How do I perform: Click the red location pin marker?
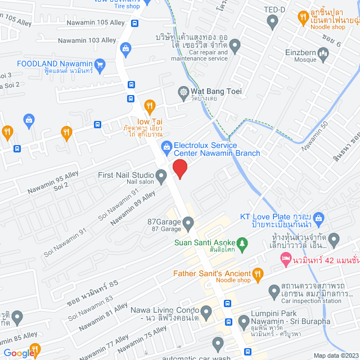179,168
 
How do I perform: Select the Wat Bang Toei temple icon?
183,91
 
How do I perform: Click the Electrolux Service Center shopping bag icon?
166,148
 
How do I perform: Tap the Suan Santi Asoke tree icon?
242,244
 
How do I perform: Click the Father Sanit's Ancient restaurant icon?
258,274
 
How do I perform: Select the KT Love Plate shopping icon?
318,217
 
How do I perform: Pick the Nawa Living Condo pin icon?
206,311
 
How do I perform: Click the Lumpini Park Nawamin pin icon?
244,322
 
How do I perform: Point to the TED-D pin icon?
273,22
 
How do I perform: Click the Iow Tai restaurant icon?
150,105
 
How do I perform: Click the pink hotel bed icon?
285,259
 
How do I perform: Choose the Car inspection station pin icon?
274,290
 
